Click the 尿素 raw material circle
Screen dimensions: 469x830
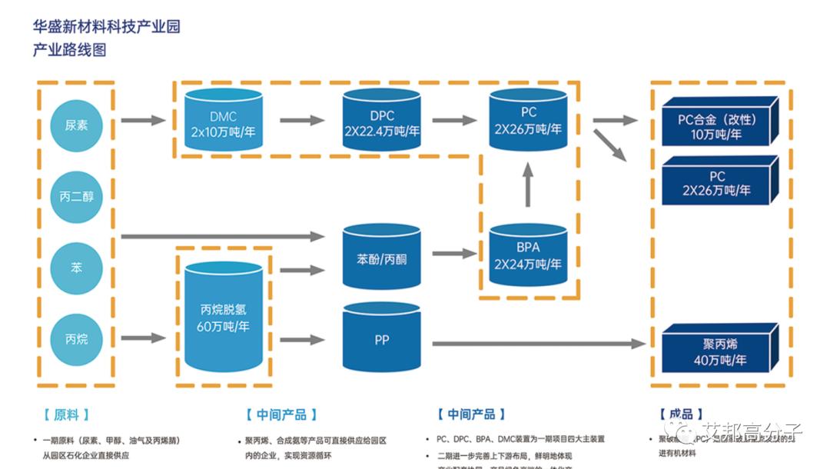76,125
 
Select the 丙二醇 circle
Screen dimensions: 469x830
76,196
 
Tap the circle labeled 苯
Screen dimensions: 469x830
76,268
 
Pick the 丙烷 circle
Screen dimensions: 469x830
76,338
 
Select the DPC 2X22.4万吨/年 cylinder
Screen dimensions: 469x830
382,123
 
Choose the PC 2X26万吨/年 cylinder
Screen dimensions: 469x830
528,121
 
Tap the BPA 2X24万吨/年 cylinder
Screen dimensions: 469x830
528,257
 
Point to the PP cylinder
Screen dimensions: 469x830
382,339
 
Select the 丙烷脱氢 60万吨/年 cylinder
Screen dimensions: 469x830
223,319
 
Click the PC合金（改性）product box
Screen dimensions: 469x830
716,125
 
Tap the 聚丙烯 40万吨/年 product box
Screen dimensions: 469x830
716,351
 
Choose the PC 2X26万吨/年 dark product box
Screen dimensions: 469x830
716,183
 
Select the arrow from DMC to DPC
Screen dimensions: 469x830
302,120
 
